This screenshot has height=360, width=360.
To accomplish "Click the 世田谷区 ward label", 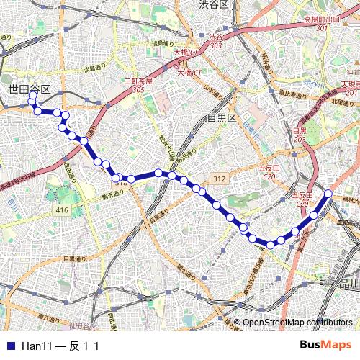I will (30, 89).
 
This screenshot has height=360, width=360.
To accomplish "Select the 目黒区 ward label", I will (222, 117).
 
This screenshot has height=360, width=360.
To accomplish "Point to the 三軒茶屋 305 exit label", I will (138, 85).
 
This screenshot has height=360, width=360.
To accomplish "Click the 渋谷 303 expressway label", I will (216, 40).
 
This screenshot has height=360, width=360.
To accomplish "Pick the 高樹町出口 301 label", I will (320, 22).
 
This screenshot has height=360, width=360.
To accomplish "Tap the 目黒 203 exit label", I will (300, 135).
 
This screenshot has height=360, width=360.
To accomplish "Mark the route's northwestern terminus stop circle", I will (32, 95).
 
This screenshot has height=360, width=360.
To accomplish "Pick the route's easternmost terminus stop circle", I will (328, 193).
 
